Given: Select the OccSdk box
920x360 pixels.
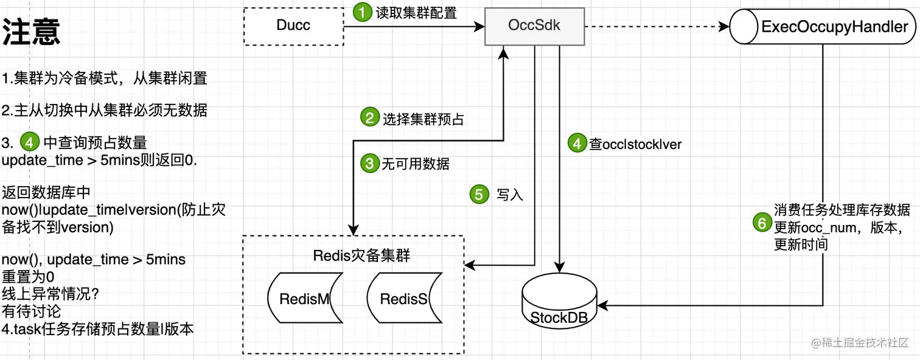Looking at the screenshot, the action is tap(534, 26).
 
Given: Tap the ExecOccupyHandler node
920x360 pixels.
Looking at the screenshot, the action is tap(823, 27).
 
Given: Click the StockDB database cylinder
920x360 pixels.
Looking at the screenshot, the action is tap(559, 300).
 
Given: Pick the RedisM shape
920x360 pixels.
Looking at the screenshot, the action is tap(305, 298).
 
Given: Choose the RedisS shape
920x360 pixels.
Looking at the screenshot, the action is tap(405, 298).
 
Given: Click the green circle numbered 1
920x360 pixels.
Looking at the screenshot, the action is tap(362, 12).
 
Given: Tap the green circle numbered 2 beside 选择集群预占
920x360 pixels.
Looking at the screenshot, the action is tap(370, 117).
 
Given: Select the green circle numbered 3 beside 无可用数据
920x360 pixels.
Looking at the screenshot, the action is tap(370, 163).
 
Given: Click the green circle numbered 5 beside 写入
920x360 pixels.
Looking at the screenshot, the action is tap(479, 194).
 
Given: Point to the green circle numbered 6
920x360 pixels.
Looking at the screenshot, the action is tap(762, 223).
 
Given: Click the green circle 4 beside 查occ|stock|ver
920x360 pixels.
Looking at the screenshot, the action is tap(577, 143).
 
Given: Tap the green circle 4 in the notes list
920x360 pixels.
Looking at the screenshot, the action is tap(30, 142).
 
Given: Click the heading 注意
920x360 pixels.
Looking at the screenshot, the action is tap(31, 32).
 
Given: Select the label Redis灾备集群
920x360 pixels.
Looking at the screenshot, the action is tap(361, 255).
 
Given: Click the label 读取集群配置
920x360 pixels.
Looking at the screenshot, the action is tap(416, 13).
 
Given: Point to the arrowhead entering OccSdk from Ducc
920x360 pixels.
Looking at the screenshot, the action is tap(479, 27).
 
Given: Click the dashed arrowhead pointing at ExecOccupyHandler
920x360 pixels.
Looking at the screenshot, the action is tap(724, 27).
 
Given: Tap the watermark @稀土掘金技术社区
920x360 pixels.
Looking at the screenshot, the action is tap(860, 342).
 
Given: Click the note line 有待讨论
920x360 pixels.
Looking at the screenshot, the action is tap(31, 311).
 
